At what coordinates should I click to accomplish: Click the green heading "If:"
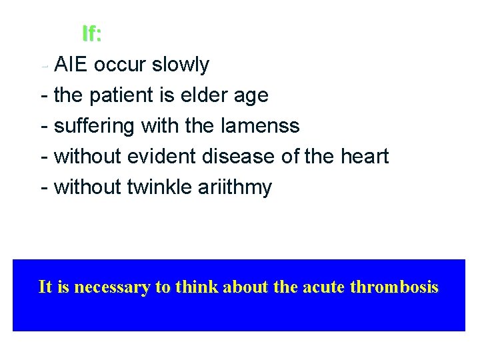[91, 33]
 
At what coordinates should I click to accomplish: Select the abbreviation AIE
[71, 65]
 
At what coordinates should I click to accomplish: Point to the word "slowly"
[180, 65]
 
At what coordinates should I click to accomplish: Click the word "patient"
[123, 95]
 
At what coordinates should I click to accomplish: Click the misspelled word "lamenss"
[263, 126]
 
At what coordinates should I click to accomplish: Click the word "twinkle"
[159, 187]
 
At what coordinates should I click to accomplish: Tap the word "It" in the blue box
[45, 287]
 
